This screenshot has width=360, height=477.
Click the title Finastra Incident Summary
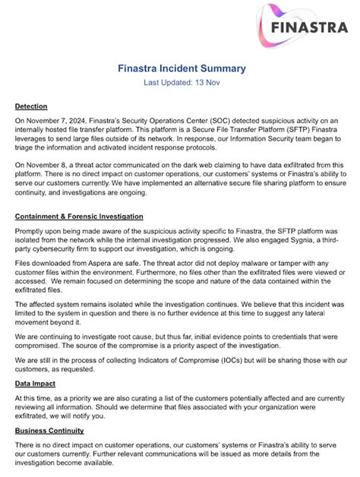coord(182,68)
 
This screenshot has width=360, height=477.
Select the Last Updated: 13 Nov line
coord(182,84)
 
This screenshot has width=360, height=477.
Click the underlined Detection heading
coord(31,106)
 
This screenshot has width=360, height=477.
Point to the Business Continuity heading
coord(49,431)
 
